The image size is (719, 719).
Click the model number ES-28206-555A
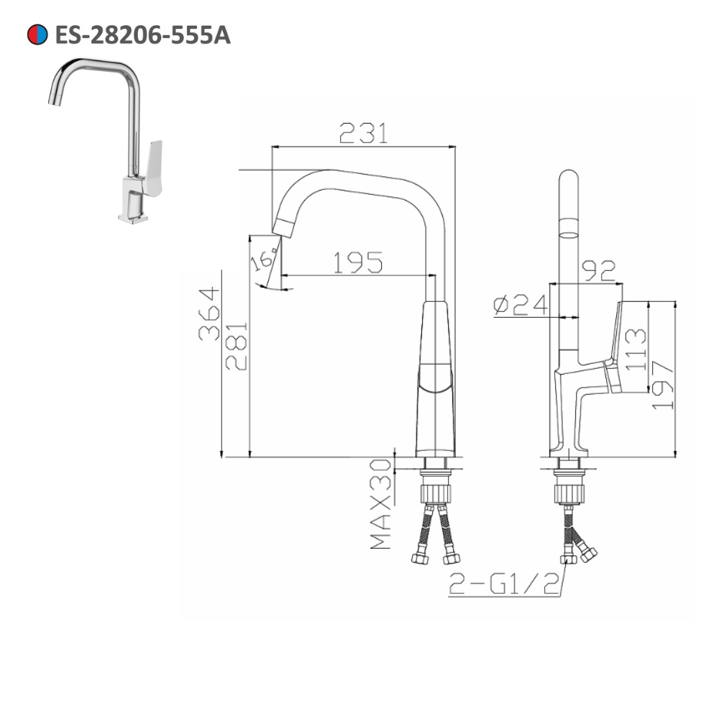[x=142, y=34]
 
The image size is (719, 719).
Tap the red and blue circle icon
[x=37, y=34]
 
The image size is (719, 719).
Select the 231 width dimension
[x=363, y=132]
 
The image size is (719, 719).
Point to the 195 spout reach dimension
[x=357, y=262]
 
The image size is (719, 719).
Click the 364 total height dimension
[x=209, y=313]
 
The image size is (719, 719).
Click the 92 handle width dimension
[x=598, y=270]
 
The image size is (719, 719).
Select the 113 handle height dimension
[x=636, y=349]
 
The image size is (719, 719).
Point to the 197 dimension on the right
[x=662, y=385]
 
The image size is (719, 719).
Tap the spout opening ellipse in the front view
[x=568, y=234]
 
